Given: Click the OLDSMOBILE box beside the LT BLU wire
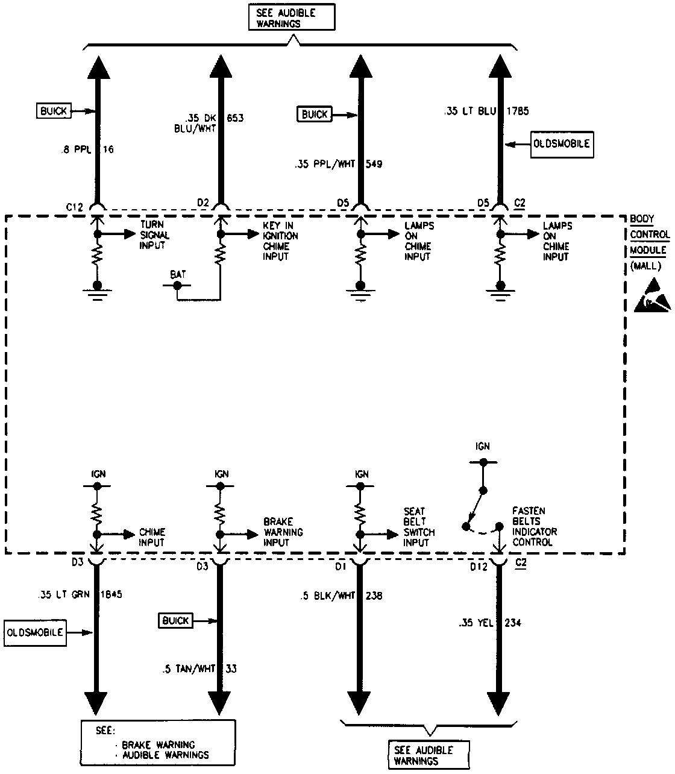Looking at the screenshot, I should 562,145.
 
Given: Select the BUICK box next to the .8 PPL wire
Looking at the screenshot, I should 54,111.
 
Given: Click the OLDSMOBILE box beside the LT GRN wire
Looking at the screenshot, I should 35,633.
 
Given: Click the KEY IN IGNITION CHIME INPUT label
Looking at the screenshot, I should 280,241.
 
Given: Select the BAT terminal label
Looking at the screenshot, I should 178,275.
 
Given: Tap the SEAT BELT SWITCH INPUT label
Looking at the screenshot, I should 419,527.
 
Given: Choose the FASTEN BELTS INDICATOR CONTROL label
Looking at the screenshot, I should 535,526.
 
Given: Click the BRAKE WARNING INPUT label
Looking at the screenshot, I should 283,532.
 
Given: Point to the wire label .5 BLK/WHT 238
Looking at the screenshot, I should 341,596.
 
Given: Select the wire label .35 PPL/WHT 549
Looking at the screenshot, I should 338,163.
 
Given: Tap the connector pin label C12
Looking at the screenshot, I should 75,206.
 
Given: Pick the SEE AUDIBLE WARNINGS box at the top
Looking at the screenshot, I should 292,18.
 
